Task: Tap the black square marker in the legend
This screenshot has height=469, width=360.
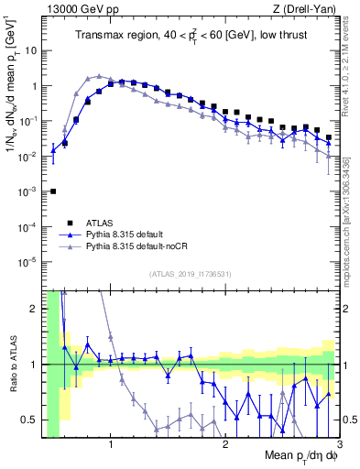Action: tap(71, 223)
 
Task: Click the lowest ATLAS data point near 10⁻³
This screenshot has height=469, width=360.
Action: tap(53, 191)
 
